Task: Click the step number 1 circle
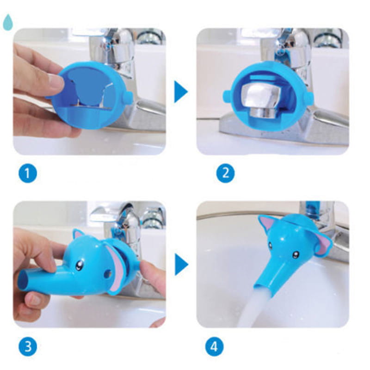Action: coord(28,173)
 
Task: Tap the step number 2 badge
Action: coord(225,173)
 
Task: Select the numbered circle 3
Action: coord(28,347)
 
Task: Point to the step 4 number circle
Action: coord(214,347)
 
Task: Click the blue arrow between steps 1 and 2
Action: coord(180,92)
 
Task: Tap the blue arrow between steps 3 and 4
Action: coord(181,264)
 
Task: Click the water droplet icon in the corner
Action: coord(8,22)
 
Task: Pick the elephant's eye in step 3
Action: coord(79,265)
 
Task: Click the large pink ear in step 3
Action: coord(116,267)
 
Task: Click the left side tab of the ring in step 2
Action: coord(227,96)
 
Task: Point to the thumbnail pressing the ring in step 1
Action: coord(56,81)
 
